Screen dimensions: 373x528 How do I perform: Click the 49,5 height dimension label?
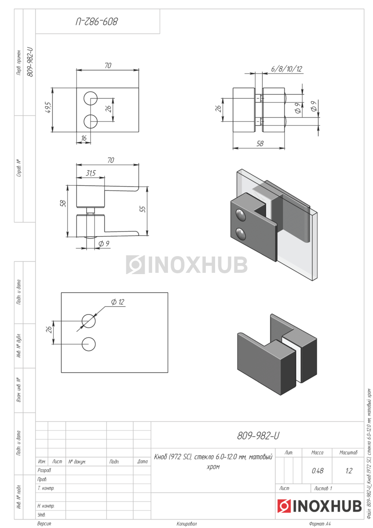(x=48, y=107)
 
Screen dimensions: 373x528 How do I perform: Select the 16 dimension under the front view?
(x=84, y=138)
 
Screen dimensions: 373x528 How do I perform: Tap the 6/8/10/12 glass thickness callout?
(x=286, y=69)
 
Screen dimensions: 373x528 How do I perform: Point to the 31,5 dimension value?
(x=91, y=173)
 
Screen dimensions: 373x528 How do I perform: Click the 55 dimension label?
(x=143, y=209)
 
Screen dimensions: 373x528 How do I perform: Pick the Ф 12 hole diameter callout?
(x=117, y=302)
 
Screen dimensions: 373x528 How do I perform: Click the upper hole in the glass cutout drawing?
(x=88, y=321)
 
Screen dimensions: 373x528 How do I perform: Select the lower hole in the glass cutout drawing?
(x=88, y=345)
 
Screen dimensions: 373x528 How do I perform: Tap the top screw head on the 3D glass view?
(x=241, y=215)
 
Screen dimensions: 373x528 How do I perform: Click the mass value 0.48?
(x=318, y=471)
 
